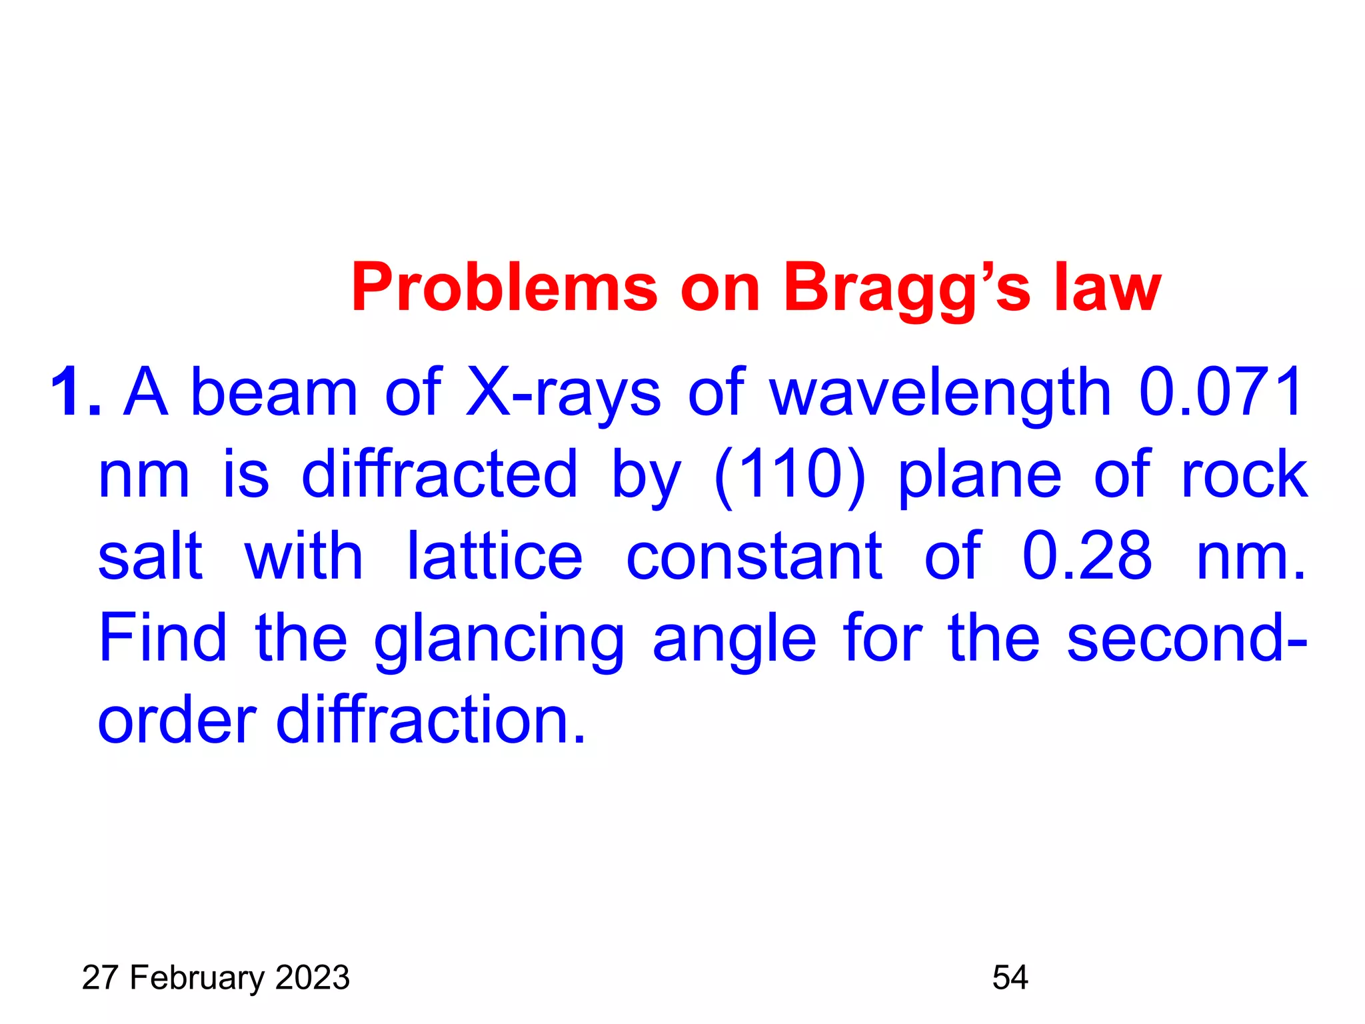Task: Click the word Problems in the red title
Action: click(x=505, y=288)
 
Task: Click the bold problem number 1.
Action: click(x=75, y=393)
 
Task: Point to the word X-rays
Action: click(x=563, y=393)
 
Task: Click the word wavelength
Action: click(x=940, y=393)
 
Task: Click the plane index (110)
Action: click(x=789, y=475)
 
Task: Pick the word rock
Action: click(x=1244, y=475)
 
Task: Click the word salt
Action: click(x=150, y=557)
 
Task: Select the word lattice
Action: click(x=495, y=557)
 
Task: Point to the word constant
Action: click(x=754, y=557)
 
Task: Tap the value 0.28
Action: click(x=1086, y=557)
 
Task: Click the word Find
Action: click(x=163, y=638)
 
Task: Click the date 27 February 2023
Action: click(x=215, y=978)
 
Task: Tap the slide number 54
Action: click(x=1010, y=978)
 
